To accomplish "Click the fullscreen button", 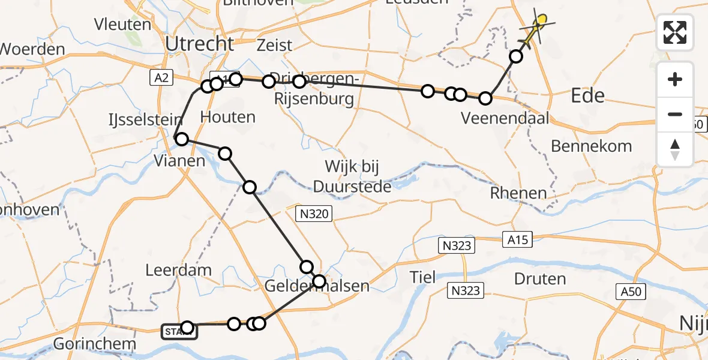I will point(675,32).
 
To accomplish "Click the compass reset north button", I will point(675,149).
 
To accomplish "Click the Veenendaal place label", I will point(505,118).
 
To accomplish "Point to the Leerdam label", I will point(178,270).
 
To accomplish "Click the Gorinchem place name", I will point(94,344).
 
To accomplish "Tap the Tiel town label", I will point(423,278).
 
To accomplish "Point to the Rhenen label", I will point(518,193).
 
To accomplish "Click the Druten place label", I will point(540,278).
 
